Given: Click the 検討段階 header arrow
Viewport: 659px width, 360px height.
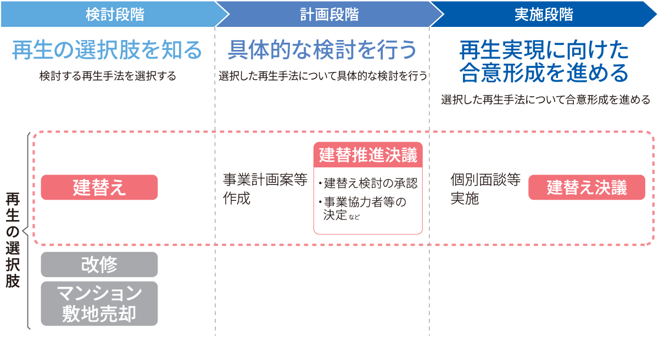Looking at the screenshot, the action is [x=115, y=14].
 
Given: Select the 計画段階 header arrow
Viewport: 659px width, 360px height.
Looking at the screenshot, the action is [x=329, y=14].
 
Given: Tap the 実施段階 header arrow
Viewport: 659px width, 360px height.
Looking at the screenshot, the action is [x=544, y=14].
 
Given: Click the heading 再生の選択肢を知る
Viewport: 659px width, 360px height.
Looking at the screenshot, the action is [x=107, y=50].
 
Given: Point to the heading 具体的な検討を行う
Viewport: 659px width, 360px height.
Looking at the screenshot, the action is [x=322, y=50].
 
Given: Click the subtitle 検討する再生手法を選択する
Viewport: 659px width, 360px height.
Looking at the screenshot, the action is [x=108, y=76].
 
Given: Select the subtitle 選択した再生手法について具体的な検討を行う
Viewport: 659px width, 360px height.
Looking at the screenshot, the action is [x=323, y=76].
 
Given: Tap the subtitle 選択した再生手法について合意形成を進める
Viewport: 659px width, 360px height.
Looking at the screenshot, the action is [x=545, y=100].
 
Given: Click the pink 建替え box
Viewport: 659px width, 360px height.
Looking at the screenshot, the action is [x=99, y=187].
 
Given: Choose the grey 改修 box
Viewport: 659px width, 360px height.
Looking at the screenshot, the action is [x=99, y=265].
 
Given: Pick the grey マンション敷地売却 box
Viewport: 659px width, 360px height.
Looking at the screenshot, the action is [x=99, y=303].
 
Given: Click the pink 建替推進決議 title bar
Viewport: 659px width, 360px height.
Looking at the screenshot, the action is [x=368, y=155].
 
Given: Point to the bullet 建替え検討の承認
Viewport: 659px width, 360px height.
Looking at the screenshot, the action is [x=368, y=183].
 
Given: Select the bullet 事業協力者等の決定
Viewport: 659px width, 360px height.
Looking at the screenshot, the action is [x=362, y=209].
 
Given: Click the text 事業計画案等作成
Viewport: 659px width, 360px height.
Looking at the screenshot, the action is [x=265, y=189].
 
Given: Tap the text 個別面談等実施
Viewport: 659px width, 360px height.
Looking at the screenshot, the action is [x=485, y=189].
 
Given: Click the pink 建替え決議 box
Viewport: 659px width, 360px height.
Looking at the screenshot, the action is [x=587, y=187].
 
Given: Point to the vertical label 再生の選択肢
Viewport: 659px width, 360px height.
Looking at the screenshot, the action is [x=13, y=240].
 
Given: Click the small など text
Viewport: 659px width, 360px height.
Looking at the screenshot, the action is [x=354, y=217].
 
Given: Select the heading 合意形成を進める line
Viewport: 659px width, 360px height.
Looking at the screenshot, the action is [x=544, y=73].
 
